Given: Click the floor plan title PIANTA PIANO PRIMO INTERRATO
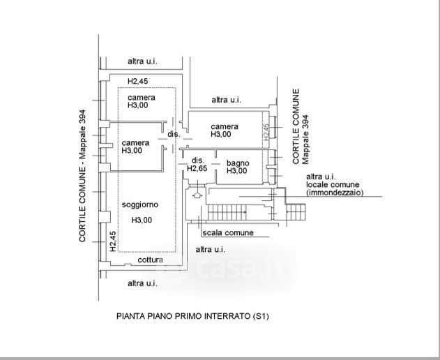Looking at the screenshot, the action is click(x=192, y=316).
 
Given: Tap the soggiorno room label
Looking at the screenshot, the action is click(x=139, y=204).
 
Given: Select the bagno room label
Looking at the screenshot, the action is click(x=237, y=163).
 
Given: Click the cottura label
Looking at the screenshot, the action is click(x=150, y=260).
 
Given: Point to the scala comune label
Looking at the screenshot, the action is click(x=228, y=233).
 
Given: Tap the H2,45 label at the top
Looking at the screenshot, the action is click(x=138, y=81).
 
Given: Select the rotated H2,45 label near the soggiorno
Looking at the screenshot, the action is click(x=112, y=241).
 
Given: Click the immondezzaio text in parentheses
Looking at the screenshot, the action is click(x=335, y=193).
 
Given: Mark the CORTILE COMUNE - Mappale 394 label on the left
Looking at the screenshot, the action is click(x=83, y=175).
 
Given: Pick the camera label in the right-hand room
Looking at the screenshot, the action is click(x=225, y=126).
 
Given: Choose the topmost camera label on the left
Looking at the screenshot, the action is click(x=142, y=97).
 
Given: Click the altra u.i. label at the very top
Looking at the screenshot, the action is click(x=142, y=61).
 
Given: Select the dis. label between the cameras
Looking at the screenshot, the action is click(x=174, y=134).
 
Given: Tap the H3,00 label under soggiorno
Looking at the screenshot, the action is click(x=142, y=220).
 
